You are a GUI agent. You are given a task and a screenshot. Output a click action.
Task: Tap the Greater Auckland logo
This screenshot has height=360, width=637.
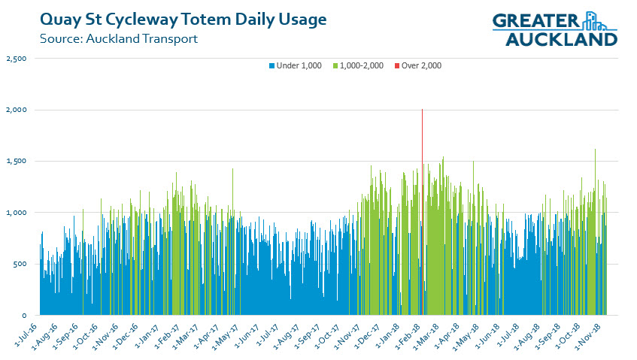(554, 29)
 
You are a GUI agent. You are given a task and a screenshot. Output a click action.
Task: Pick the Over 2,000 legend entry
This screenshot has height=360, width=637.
(420, 65)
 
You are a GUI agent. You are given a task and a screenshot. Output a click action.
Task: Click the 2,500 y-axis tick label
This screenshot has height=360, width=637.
(16, 59)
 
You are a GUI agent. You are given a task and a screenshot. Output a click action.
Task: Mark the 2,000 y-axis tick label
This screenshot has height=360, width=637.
(16, 110)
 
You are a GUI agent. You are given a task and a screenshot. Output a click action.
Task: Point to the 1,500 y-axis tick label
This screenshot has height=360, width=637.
(16, 162)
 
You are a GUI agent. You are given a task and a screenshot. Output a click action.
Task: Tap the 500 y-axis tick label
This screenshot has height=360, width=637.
(20, 264)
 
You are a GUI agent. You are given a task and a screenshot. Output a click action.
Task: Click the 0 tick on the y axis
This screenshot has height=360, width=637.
(25, 316)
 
